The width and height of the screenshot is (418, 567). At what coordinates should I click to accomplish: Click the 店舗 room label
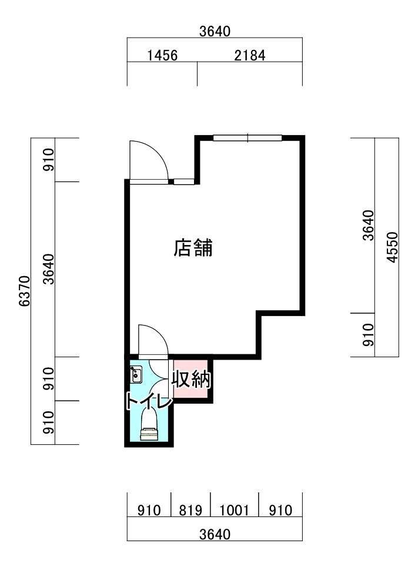click(x=193, y=248)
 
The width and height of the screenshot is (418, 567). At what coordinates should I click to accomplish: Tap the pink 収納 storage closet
click(x=191, y=378)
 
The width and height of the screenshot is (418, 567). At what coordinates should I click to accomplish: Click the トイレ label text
click(x=148, y=401)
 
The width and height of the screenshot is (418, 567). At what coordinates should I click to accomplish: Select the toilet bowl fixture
click(x=149, y=425)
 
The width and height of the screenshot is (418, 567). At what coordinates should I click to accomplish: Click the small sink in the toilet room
click(x=136, y=375)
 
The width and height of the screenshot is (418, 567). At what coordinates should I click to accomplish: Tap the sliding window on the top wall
click(x=248, y=137)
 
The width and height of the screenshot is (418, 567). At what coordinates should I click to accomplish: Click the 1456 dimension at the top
click(x=162, y=56)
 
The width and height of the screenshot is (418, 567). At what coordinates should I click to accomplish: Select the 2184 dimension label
click(x=250, y=56)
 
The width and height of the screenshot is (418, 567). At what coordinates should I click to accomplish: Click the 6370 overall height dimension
click(x=25, y=291)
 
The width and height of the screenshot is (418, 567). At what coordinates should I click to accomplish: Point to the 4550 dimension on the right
click(x=392, y=247)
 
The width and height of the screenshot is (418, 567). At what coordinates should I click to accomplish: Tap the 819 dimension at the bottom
click(x=190, y=510)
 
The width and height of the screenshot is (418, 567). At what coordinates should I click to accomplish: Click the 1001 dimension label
click(x=235, y=510)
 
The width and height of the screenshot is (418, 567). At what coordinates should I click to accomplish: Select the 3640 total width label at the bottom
click(x=215, y=534)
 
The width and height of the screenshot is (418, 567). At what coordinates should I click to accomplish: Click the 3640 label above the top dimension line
click(x=215, y=32)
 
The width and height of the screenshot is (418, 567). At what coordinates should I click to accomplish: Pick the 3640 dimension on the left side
click(x=48, y=269)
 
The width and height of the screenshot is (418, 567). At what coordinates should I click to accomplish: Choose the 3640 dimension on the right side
click(x=368, y=225)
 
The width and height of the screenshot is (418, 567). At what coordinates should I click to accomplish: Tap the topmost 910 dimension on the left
click(x=48, y=160)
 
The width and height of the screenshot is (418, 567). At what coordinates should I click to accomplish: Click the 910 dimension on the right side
click(x=368, y=335)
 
